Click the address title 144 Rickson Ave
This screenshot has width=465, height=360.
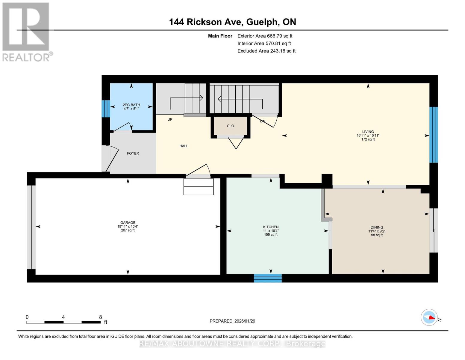[232, 22]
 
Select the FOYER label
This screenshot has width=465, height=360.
[133, 153]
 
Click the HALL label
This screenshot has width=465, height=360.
[184, 146]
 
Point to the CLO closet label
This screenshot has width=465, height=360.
[230, 126]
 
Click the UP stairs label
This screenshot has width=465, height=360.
[170, 119]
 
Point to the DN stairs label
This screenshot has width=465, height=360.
[263, 121]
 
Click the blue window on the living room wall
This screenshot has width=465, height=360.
[433, 135]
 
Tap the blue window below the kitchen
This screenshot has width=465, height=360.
[268, 278]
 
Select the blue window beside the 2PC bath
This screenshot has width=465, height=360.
[106, 109]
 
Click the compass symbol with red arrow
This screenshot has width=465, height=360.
[429, 317]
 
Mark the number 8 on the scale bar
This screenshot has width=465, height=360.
[100, 317]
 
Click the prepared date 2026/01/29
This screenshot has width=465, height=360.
[232, 321]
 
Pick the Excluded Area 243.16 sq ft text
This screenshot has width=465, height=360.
[266, 51]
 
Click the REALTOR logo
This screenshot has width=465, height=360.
[26, 32]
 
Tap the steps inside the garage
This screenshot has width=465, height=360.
[198, 186]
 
